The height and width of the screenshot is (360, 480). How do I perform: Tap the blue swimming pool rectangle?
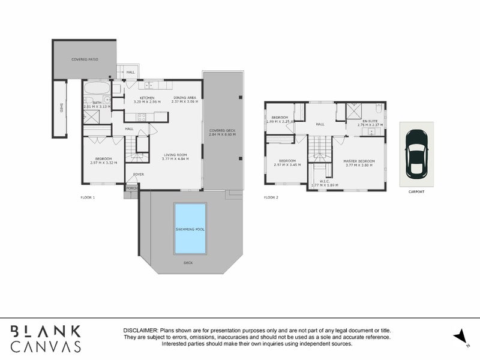(190, 227)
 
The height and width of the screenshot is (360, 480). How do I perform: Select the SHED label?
(61, 108)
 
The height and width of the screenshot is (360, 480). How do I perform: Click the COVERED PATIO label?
(84, 59)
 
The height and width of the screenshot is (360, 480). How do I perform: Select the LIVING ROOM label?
(176, 155)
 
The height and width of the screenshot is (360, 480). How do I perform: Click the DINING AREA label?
(184, 98)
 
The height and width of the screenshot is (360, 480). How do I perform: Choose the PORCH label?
(131, 187)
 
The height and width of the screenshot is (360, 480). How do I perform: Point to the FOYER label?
(139, 175)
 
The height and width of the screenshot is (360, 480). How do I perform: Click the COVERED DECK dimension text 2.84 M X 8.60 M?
(222, 135)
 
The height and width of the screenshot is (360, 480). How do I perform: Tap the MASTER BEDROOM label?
(359, 161)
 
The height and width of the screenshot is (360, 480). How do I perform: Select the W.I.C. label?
(324, 181)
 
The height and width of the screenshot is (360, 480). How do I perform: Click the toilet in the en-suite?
(379, 109)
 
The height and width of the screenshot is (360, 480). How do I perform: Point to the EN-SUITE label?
(370, 122)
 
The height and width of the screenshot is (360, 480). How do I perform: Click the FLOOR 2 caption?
(271, 197)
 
